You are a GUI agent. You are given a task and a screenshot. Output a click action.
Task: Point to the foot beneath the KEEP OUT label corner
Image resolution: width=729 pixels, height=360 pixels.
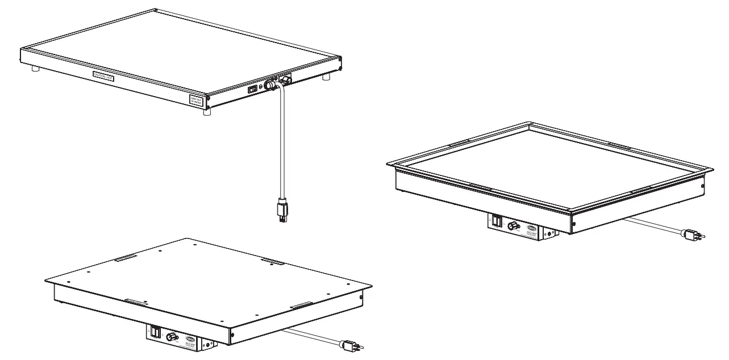[207, 112]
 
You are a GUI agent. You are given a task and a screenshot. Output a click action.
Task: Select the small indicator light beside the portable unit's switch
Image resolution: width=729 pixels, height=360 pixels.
[261, 87]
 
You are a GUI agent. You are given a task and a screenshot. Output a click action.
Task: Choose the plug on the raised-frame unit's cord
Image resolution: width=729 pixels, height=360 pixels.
[691, 233]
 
